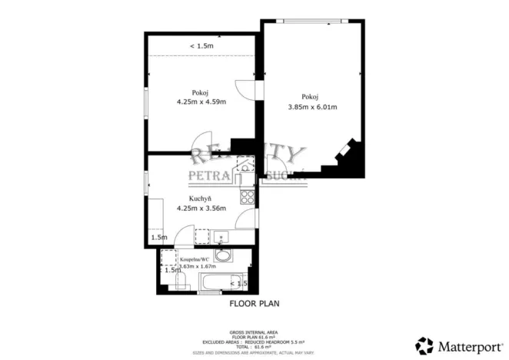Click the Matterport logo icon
424,345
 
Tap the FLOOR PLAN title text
254,304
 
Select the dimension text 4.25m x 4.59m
201,102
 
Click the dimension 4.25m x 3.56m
201,208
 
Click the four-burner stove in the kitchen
248,197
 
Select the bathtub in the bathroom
223,284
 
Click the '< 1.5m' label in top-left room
201,46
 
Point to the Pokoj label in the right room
310,96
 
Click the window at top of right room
313,21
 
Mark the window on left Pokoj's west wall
146,100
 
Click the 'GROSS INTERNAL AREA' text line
254,328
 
